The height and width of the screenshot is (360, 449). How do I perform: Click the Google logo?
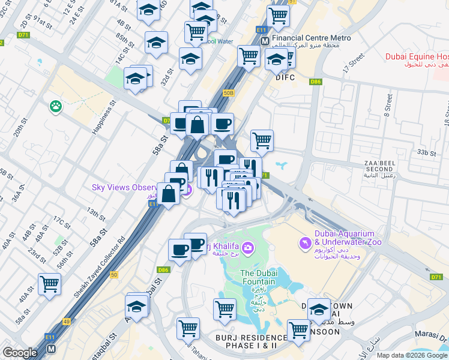[20, 353]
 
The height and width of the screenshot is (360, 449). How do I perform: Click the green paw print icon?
[56, 106]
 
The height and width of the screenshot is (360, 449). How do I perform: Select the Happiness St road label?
[103, 121]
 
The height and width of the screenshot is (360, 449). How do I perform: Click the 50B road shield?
[228, 93]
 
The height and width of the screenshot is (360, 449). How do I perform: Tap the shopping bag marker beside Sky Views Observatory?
[169, 193]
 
